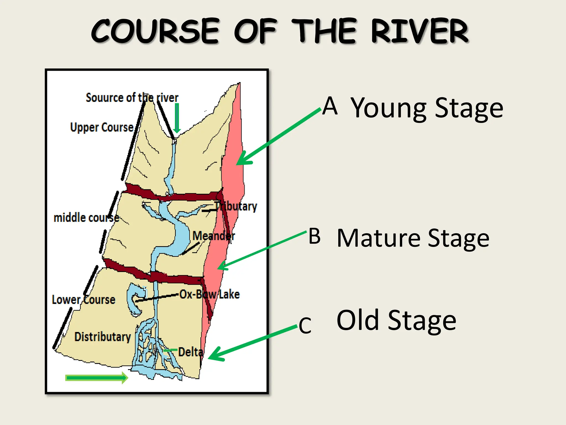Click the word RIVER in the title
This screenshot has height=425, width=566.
tap(420, 31)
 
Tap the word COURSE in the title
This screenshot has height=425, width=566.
tap(156, 31)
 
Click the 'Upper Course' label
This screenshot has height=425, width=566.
tap(102, 127)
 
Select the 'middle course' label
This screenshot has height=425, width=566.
tap(86, 218)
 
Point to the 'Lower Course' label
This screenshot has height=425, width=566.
tap(83, 300)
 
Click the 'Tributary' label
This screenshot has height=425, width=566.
tap(237, 206)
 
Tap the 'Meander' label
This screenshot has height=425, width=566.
tap(213, 236)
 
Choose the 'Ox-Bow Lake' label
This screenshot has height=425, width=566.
tap(209, 294)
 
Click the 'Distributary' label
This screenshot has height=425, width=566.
tap(103, 337)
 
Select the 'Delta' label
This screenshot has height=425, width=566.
tap(191, 352)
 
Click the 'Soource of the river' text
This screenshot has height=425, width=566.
tap(132, 98)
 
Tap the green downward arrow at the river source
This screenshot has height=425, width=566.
tap(177, 118)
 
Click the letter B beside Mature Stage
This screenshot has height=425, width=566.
tap(315, 236)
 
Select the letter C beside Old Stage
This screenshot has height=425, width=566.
tap(305, 326)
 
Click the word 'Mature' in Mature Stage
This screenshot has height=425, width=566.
tap(378, 238)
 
